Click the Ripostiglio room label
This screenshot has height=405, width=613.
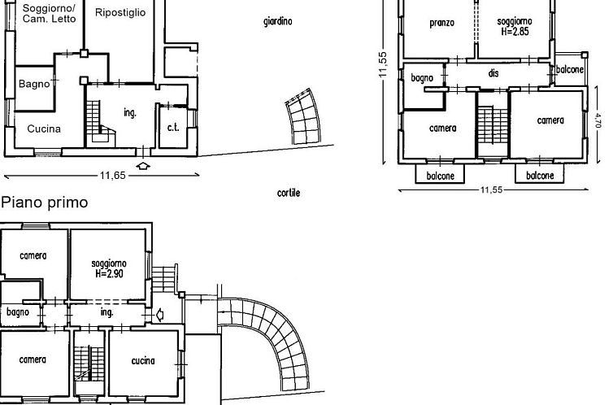[120, 12]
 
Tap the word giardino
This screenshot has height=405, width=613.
[278, 21]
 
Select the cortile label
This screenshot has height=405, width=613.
[289, 193]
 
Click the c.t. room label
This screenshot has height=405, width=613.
[173, 128]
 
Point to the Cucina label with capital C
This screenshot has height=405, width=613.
[44, 129]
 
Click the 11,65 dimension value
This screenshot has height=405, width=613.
[113, 176]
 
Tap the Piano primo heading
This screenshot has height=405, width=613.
[44, 202]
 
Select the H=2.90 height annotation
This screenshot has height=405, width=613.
[110, 273]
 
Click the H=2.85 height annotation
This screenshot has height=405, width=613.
[515, 32]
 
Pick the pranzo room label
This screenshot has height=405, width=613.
[442, 23]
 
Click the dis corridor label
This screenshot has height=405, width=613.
[493, 73]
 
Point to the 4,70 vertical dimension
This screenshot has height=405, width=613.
[598, 120]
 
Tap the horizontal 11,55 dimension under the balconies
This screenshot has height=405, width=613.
[491, 190]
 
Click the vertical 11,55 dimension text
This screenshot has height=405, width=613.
[383, 64]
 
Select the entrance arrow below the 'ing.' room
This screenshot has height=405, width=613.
[143, 166]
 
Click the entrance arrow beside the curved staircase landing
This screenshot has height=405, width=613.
[160, 315]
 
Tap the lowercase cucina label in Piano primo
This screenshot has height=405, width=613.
[143, 360]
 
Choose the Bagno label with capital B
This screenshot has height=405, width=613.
[34, 84]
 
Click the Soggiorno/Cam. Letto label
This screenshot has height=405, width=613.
[49, 13]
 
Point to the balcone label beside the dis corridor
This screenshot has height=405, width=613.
[570, 70]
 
